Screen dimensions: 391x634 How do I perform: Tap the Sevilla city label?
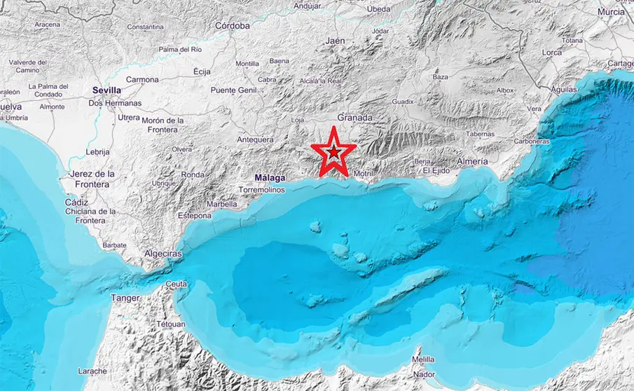[x=106, y=90]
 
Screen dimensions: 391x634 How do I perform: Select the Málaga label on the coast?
[x=270, y=178]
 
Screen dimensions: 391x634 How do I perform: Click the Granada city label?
[x=354, y=118]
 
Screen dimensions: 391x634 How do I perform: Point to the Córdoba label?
[x=233, y=26]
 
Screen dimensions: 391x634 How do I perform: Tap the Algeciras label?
[x=163, y=253]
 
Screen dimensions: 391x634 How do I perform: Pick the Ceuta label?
[x=177, y=284]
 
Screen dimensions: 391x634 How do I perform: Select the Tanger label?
[x=125, y=298]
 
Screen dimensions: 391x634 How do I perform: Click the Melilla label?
[x=422, y=359]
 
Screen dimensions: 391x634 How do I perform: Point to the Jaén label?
[x=335, y=41]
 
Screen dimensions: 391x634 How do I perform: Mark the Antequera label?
[x=255, y=139]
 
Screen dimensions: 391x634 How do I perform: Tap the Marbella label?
[x=223, y=205]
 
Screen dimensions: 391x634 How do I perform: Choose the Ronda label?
[x=193, y=174]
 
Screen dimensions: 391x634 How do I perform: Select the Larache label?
[x=92, y=371]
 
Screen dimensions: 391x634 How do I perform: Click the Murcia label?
[x=612, y=12]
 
